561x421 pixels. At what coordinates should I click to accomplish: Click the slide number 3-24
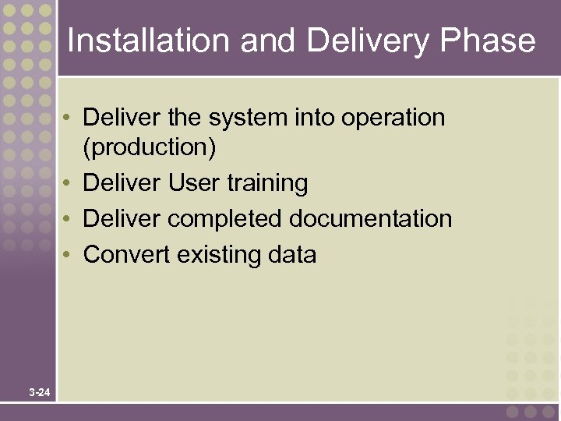40,393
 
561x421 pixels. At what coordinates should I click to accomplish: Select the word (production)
149,147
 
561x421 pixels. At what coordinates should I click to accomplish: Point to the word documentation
370,219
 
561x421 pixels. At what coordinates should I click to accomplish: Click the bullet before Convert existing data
69,255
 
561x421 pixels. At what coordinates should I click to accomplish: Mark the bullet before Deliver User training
69,184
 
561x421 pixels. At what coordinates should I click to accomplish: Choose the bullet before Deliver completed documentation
69,219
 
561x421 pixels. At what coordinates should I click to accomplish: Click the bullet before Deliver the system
69,119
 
